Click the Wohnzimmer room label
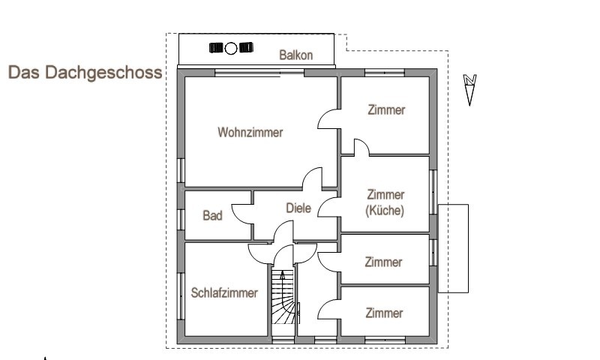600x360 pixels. point(250,133)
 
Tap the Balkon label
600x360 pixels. point(295,55)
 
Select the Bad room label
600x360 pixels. point(212,216)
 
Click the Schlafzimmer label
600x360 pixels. point(224,293)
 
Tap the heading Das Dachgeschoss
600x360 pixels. point(85,73)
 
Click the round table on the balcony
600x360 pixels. point(232,49)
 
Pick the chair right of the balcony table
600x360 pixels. point(245,49)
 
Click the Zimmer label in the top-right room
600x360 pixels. point(386,110)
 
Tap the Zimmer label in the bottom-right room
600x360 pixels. point(384,313)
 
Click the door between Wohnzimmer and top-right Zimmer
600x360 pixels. point(328,120)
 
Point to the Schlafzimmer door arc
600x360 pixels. point(259,253)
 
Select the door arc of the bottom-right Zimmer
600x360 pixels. point(328,308)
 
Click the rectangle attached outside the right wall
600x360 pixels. point(453,247)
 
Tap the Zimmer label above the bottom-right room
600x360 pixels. point(383,262)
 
